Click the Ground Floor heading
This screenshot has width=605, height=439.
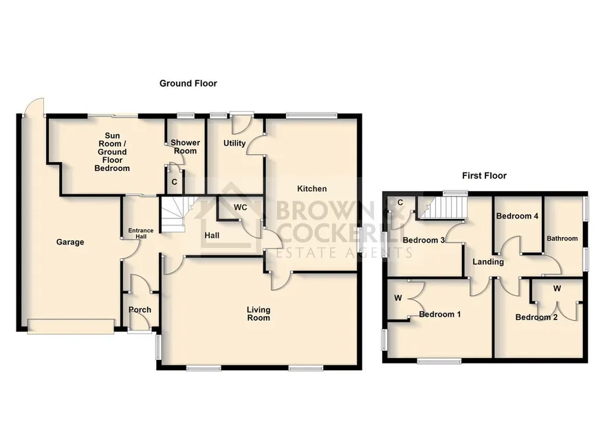click(x=188, y=83)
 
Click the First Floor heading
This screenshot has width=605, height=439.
click(x=484, y=176)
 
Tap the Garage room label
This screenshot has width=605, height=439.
click(x=70, y=242)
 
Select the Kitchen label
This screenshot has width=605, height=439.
click(x=311, y=188)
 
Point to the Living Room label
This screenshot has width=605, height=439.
click(x=258, y=314)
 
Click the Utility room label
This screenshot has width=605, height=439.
click(x=234, y=143)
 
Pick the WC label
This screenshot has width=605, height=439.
click(x=241, y=207)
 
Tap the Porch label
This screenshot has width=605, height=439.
click(x=140, y=309)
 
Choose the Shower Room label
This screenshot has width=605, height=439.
click(x=185, y=146)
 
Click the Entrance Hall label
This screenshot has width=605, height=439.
click(x=141, y=233)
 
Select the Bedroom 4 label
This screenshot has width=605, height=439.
click(x=517, y=216)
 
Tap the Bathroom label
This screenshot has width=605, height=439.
click(x=562, y=238)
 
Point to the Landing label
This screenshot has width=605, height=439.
click(x=488, y=262)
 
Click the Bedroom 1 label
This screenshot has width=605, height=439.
click(x=440, y=314)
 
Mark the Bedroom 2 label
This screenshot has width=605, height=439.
click(x=536, y=317)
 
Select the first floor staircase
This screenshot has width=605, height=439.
click(x=443, y=207)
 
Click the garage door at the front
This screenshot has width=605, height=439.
click(x=71, y=326)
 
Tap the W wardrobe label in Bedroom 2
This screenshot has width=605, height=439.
click(x=557, y=289)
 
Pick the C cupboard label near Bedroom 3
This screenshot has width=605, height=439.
click(x=400, y=203)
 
